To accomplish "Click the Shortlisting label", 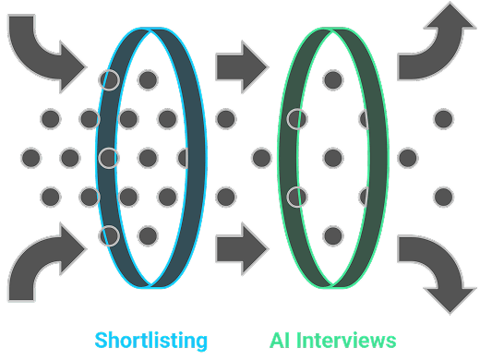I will (x=150, y=340).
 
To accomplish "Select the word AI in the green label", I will (x=281, y=340).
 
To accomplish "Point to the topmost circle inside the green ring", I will (x=333, y=79).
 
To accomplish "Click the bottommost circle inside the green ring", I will (x=333, y=235).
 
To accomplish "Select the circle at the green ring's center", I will (x=333, y=158).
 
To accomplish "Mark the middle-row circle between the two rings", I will (x=261, y=158).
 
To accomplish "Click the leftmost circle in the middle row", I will (x=30, y=158).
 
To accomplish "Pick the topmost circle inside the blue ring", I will (x=147, y=79).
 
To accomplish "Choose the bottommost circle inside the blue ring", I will (x=147, y=235).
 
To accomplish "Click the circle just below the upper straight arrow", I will (x=225, y=118).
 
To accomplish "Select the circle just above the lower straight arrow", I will (x=225, y=196).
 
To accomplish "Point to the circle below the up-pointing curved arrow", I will (x=444, y=118).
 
